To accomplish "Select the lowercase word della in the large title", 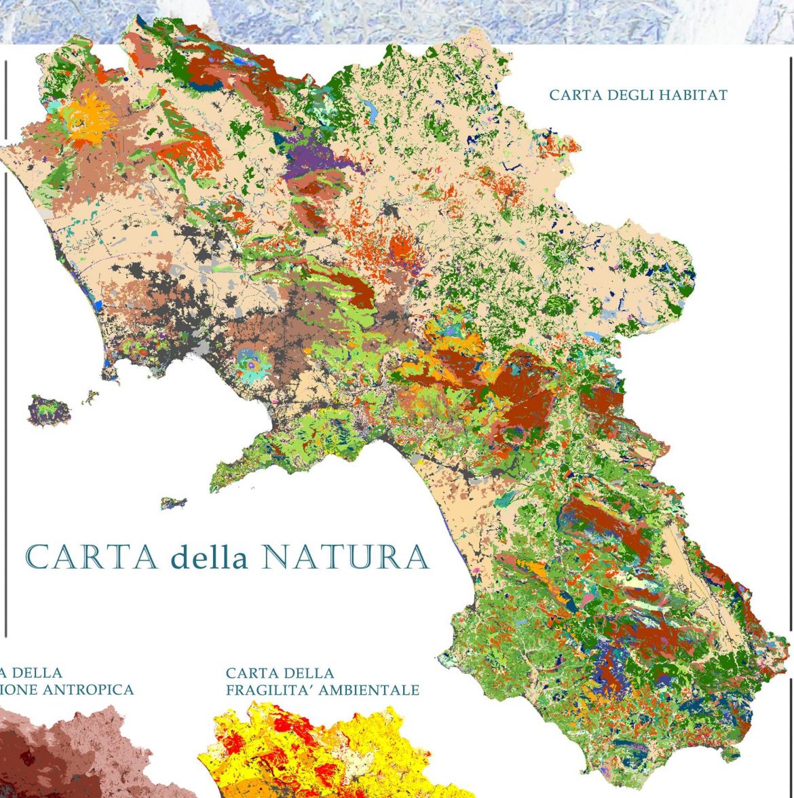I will [210, 557].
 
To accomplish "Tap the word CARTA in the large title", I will [92, 557].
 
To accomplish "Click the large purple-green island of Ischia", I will [50, 411].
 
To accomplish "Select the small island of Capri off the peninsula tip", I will [173, 503].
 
